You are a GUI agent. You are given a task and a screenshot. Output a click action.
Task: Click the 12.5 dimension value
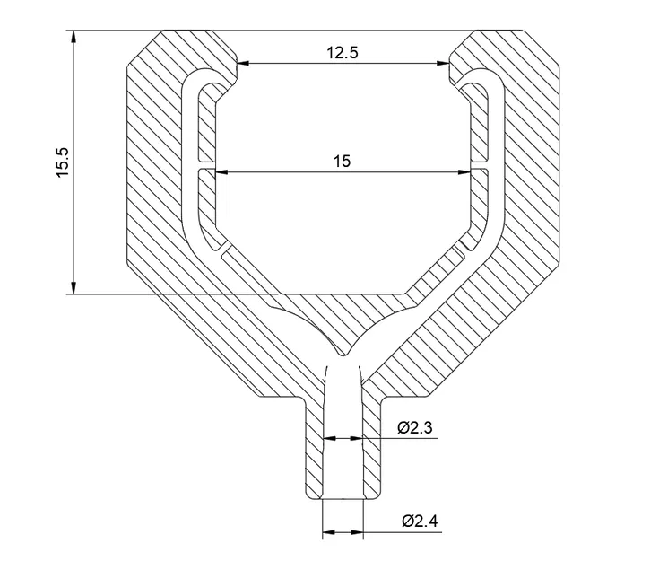[x=342, y=52]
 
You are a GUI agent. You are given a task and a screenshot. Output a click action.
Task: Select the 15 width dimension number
[x=342, y=161]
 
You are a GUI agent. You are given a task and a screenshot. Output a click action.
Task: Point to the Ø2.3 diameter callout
[x=414, y=428]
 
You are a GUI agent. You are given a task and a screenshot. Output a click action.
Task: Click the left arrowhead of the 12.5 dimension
[x=243, y=63]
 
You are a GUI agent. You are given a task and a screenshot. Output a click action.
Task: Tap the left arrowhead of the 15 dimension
[x=221, y=171]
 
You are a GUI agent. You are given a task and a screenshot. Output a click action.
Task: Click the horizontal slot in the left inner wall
[x=206, y=168]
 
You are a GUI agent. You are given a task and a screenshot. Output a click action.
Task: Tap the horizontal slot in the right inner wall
[x=480, y=168]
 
